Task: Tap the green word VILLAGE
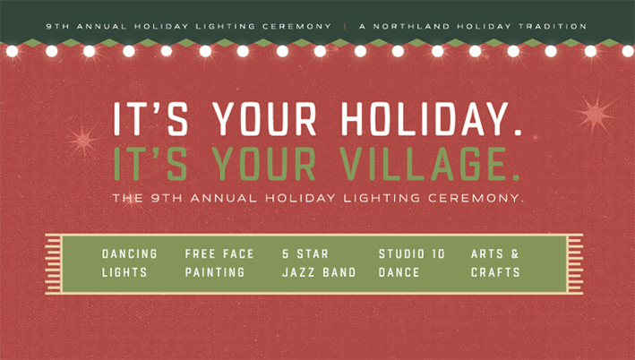[429, 164]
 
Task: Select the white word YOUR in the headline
[264, 118]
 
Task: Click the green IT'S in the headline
[150, 164]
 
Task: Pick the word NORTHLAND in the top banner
[411, 27]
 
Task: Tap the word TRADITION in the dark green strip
[553, 27]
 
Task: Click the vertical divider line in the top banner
[345, 27]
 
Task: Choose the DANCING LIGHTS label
[130, 263]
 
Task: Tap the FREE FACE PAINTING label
[219, 263]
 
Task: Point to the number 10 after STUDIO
[438, 254]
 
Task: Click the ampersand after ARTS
[515, 254]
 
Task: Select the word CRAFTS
[495, 272]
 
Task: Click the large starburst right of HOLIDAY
[595, 115]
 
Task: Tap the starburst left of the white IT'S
[83, 141]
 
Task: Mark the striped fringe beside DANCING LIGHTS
[53, 264]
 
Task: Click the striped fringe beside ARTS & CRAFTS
[575, 264]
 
